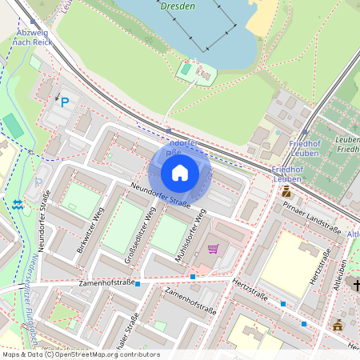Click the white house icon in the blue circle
180,173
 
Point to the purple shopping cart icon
213,249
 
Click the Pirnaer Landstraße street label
312,217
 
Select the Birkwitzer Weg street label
90,226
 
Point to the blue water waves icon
18,205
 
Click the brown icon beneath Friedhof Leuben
286,193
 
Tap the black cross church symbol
357,286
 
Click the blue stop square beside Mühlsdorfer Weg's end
193,277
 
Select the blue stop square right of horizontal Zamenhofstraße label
138,284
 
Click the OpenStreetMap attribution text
80,354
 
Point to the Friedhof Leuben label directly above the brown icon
287,174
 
